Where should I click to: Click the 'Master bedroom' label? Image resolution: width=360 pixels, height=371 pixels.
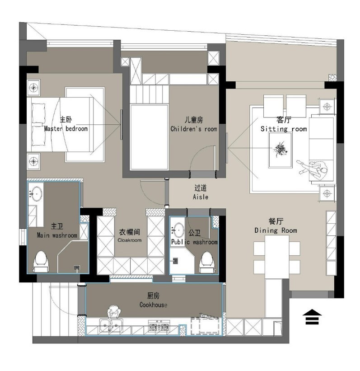click(66, 129)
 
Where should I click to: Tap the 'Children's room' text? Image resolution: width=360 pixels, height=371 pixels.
click(194, 129)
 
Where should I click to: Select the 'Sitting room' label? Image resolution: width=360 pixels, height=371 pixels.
click(284, 129)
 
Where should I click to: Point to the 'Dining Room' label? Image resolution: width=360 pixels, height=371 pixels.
click(276, 230)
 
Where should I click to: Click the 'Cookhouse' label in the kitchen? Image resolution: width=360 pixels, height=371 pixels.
click(153, 305)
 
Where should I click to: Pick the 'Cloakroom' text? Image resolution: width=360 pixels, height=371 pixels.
click(130, 240)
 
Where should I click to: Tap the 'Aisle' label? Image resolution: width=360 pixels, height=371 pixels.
click(201, 197)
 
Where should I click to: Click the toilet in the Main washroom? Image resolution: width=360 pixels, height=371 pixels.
click(41, 262)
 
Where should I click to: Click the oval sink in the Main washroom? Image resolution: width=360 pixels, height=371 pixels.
click(37, 194)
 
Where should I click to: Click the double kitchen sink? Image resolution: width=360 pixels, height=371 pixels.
click(111, 325)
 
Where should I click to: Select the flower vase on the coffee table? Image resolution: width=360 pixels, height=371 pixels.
click(281, 149)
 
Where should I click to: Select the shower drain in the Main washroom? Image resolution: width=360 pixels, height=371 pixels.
click(77, 268)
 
